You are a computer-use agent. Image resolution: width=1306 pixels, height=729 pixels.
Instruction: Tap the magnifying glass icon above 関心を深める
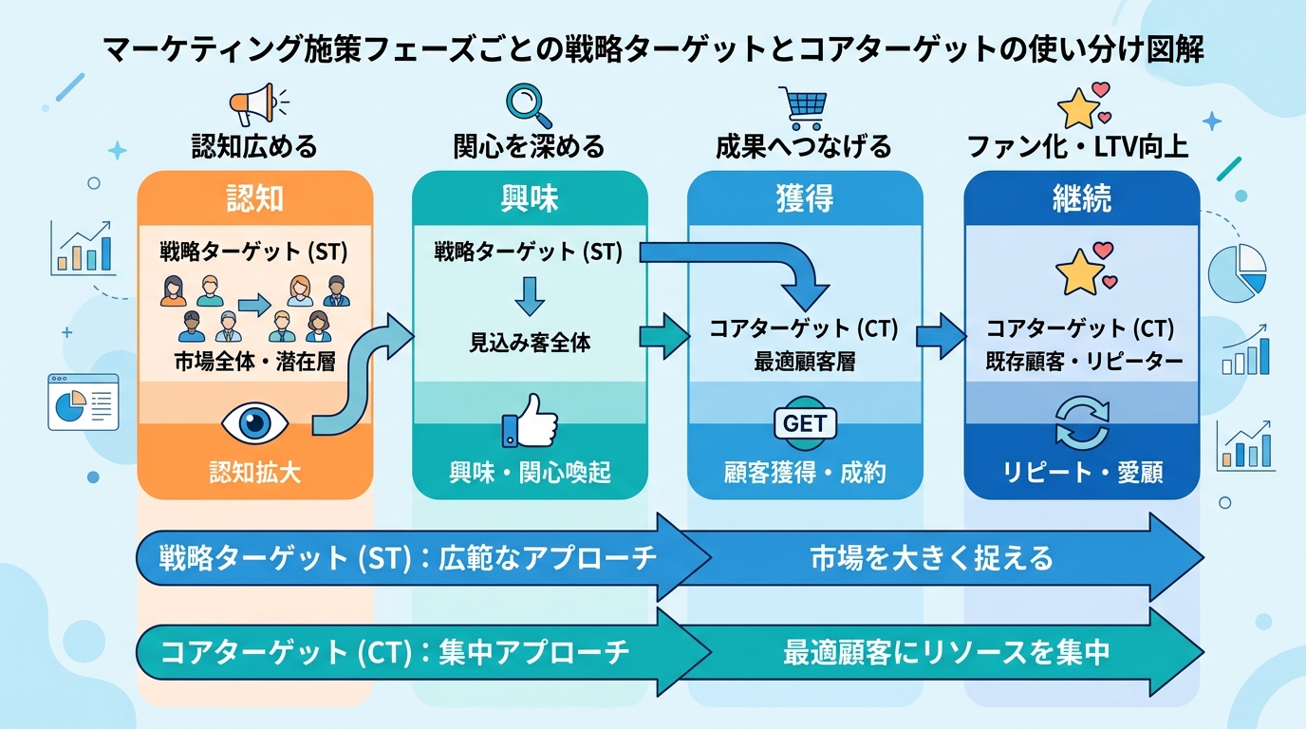pos(529,104)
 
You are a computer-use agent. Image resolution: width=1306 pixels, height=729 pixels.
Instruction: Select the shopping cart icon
pos(802,106)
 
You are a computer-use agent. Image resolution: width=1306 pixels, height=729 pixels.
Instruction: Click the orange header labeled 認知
pos(254,198)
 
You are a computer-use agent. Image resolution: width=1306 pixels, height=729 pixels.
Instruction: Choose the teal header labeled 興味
pos(530,198)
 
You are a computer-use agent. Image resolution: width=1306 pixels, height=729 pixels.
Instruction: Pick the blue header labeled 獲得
pos(804,198)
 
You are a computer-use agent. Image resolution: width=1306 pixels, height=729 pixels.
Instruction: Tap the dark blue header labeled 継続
pos(1081,198)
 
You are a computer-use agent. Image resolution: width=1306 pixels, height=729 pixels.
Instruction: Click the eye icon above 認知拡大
pos(253,422)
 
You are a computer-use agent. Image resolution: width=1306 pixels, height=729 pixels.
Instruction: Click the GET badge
pos(805,423)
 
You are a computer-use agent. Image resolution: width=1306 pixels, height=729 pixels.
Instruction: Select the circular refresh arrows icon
pos(1081,423)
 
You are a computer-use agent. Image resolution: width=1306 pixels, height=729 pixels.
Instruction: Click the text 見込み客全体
pos(530,343)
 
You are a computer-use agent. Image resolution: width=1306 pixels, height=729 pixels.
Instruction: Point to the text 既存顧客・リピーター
pos(1081,362)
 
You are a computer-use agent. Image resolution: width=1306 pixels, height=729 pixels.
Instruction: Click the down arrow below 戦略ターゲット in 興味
pos(529,294)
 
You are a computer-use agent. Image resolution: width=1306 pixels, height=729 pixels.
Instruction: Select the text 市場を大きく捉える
pos(931,557)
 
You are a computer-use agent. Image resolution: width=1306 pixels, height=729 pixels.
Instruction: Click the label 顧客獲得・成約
pos(805,472)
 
